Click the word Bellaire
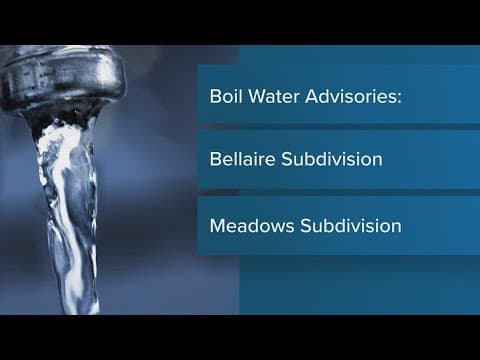tap(241, 159)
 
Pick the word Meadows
tap(246, 225)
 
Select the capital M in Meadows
tap(217, 225)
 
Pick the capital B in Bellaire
tap(215, 159)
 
